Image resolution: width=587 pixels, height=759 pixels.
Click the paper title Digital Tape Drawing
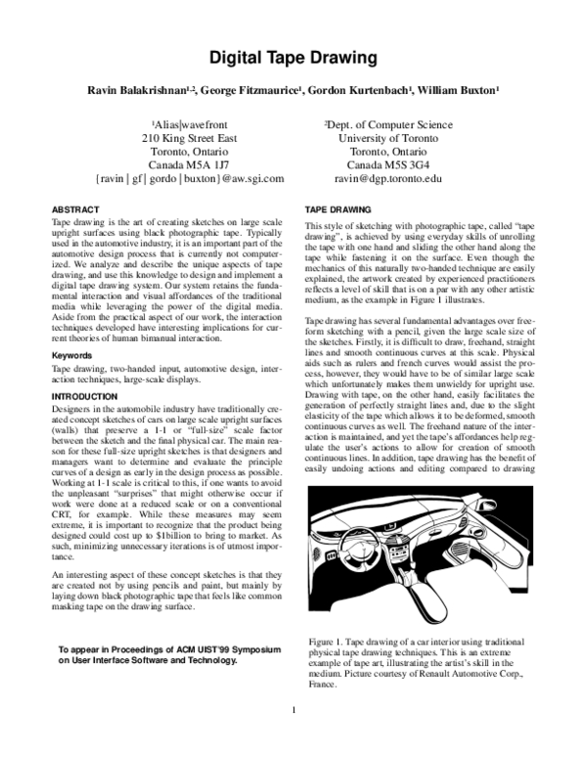[293, 58]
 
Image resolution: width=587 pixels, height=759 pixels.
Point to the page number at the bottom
[293, 736]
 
